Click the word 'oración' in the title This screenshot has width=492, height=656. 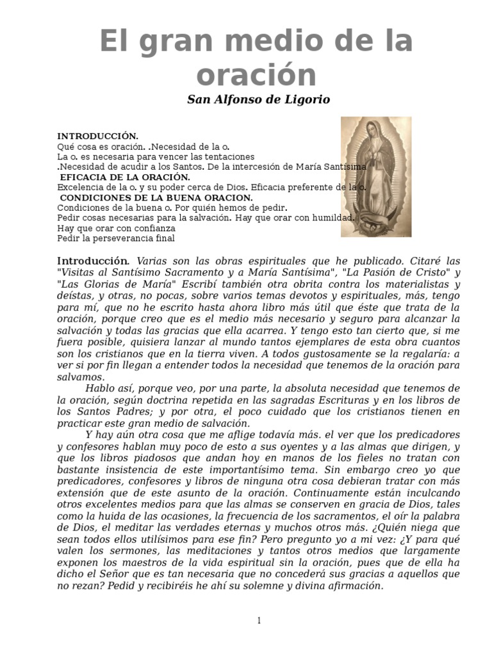[256, 74]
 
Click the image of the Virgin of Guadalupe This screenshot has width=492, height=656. [367, 177]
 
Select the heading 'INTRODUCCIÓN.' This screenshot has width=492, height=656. [97, 136]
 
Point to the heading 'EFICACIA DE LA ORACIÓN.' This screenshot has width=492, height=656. [124, 177]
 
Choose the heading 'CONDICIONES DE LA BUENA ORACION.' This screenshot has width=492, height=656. [156, 198]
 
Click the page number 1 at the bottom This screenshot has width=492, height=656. [259, 621]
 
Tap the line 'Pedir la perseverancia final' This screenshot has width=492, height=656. [116, 238]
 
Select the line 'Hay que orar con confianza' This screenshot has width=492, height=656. [116, 228]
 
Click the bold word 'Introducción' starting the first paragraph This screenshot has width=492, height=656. [94, 261]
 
